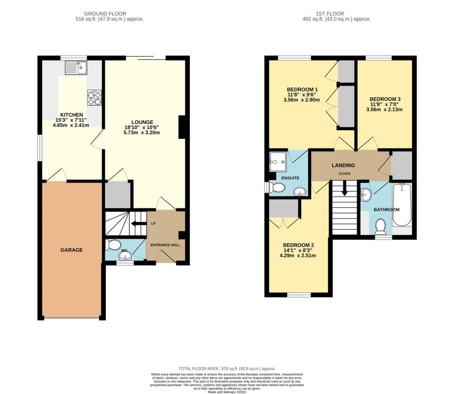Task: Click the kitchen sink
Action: pyautogui.click(x=76, y=68)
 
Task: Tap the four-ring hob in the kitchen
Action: pyautogui.click(x=95, y=97)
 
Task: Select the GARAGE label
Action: pyautogui.click(x=71, y=250)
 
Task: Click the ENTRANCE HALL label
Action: pyautogui.click(x=165, y=245)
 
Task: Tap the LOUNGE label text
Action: pyautogui.click(x=142, y=122)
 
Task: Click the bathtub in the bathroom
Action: pyautogui.click(x=402, y=205)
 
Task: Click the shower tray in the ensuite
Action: pyautogui.click(x=278, y=162)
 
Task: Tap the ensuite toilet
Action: pyautogui.click(x=276, y=187)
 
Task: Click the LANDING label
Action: pyautogui.click(x=343, y=165)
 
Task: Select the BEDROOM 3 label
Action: pyautogui.click(x=385, y=99)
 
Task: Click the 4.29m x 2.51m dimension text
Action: pyautogui.click(x=297, y=255)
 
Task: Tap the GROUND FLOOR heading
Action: pyautogui.click(x=105, y=14)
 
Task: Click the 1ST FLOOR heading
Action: pyautogui.click(x=330, y=14)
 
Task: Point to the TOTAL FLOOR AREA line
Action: pyautogui.click(x=227, y=369)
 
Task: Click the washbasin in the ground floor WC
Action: pyautogui.click(x=125, y=256)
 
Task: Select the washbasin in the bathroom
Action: pyautogui.click(x=366, y=195)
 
